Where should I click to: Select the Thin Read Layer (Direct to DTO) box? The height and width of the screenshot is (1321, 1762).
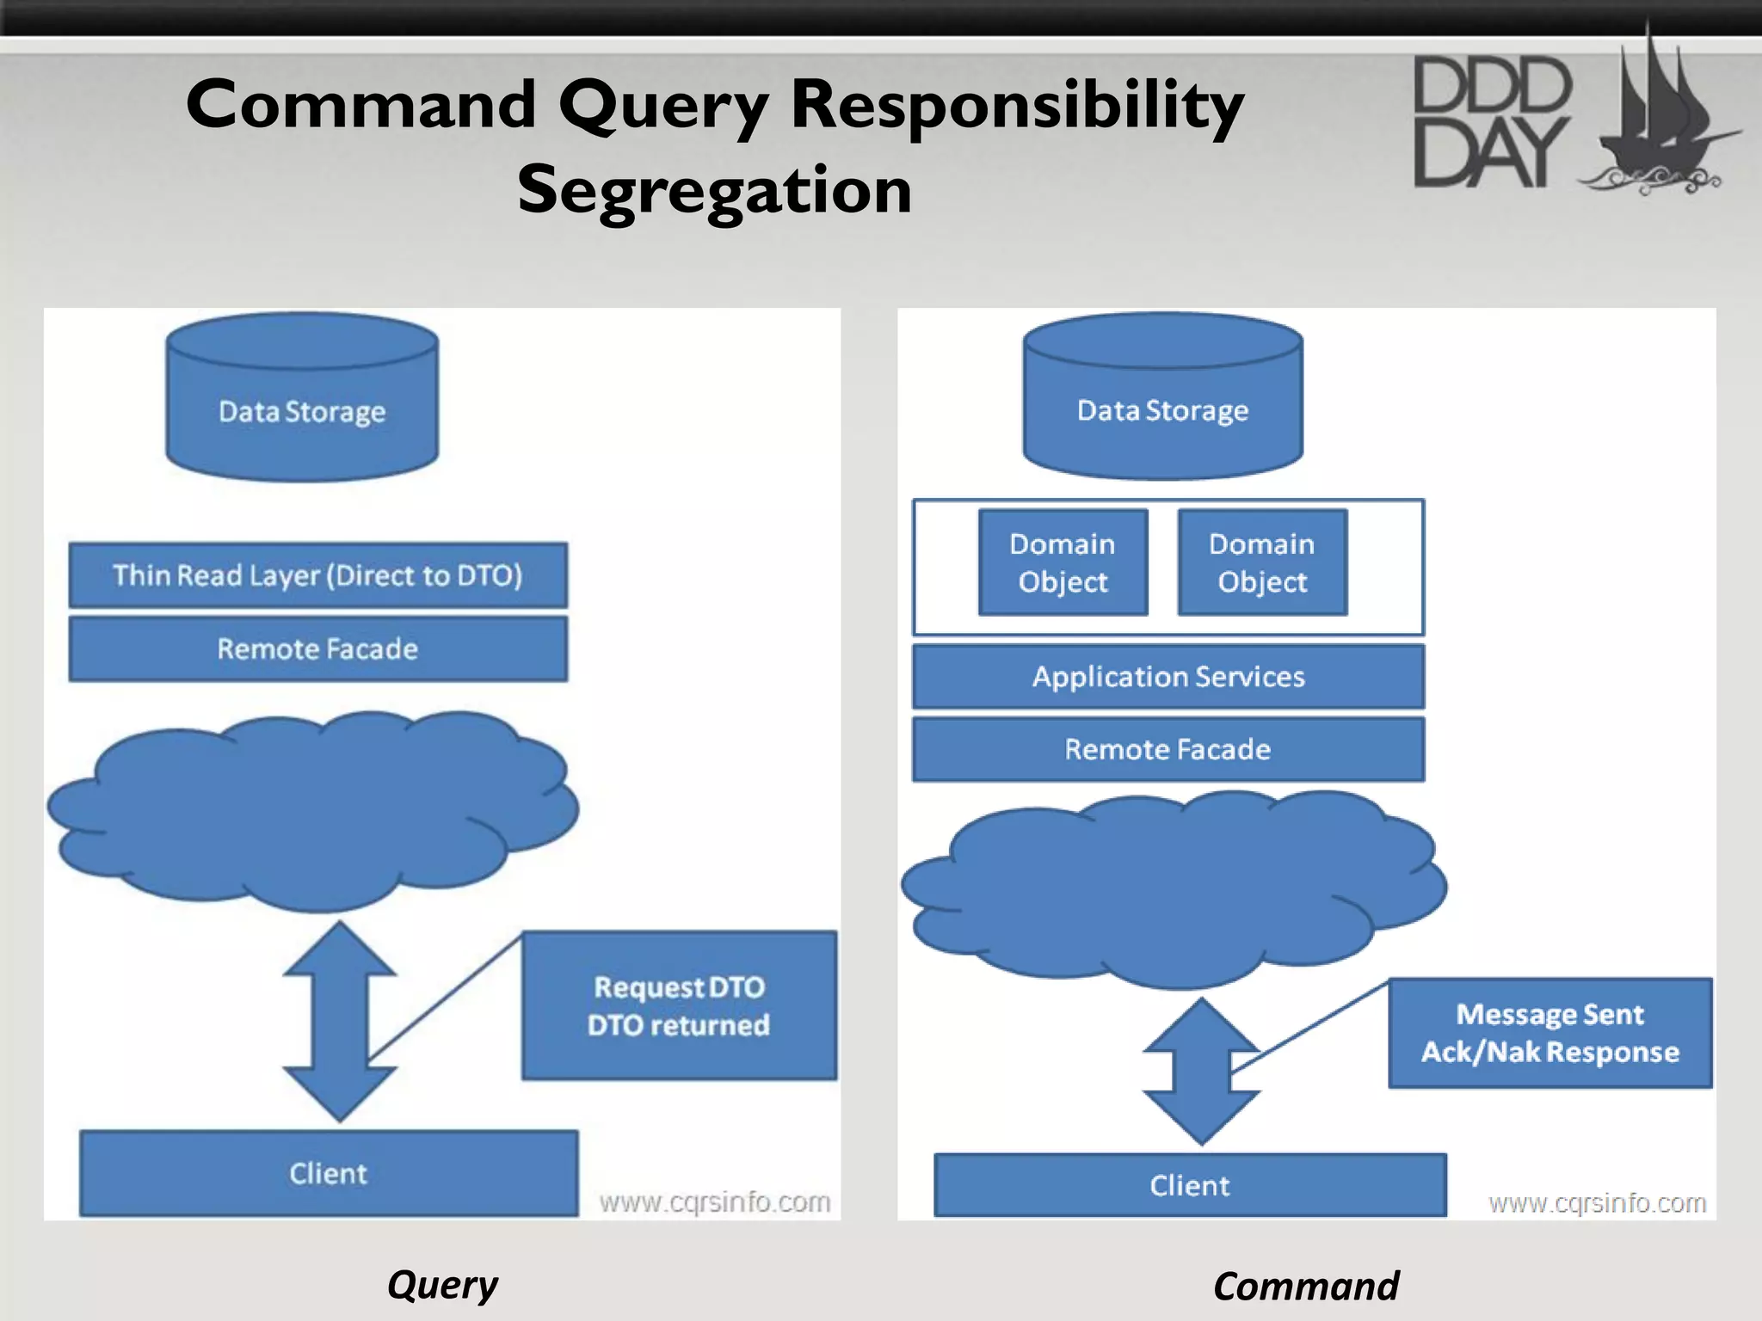coord(317,574)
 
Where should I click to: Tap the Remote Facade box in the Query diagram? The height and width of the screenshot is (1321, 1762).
coord(317,648)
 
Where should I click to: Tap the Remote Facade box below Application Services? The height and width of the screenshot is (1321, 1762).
coord(1167,749)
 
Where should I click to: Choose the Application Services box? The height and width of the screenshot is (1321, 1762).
coord(1167,677)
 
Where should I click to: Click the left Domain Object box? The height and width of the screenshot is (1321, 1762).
coord(1063,562)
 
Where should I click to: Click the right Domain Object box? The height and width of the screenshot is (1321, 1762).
coord(1261,562)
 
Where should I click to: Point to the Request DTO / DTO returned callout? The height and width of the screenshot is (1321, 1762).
coord(679,1005)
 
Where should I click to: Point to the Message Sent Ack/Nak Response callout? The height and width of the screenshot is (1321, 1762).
coord(1549,1033)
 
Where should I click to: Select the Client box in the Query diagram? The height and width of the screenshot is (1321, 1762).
coord(328,1173)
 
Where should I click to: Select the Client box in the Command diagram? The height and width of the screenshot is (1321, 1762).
coord(1190,1185)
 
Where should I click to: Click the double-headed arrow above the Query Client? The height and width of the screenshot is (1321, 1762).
coord(340,1021)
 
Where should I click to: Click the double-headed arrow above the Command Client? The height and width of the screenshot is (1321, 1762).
coord(1201,1071)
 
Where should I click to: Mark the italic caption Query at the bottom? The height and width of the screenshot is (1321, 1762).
coord(442,1285)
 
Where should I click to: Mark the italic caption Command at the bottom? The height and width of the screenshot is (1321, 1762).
coord(1305,1287)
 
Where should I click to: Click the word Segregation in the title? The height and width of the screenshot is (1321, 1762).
coord(714,190)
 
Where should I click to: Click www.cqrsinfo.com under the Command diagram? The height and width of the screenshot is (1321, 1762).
coord(1597,1202)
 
